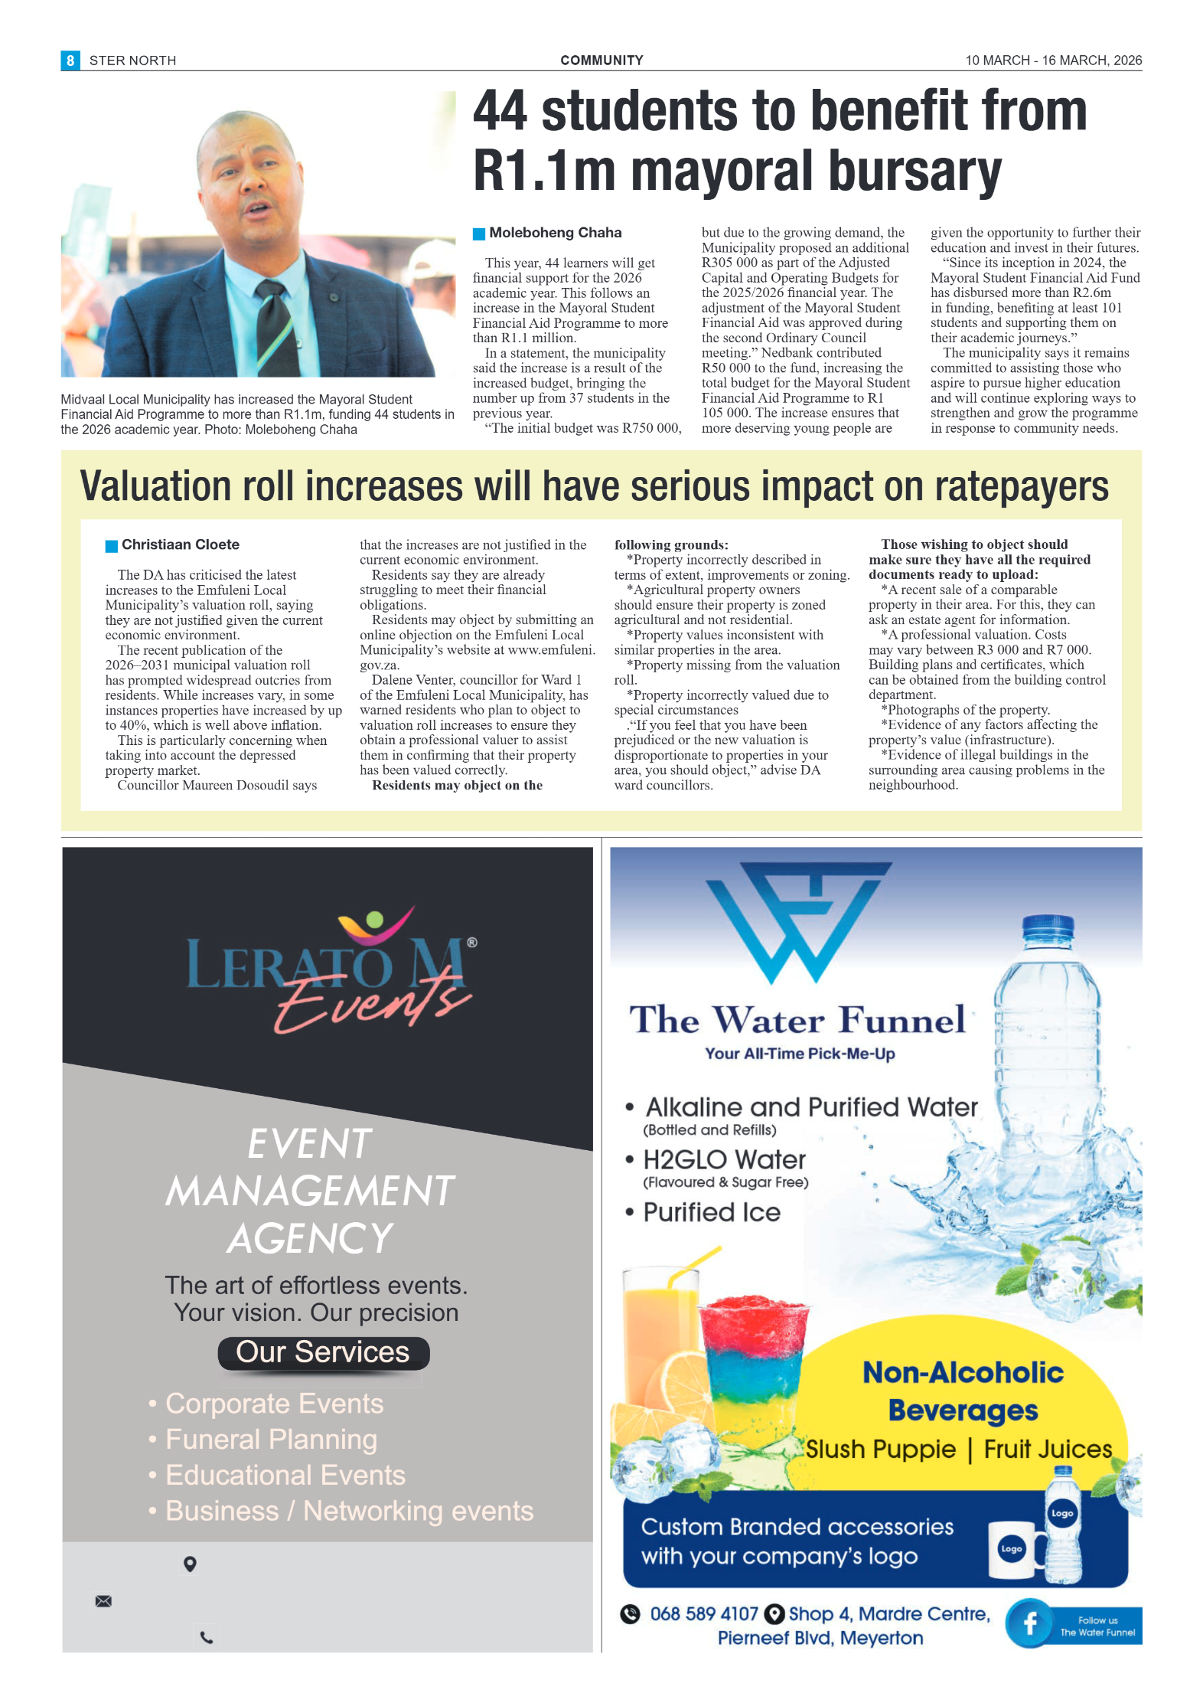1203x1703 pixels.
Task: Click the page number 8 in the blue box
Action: [x=70, y=60]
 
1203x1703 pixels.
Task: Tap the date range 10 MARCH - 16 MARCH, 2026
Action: [x=1053, y=60]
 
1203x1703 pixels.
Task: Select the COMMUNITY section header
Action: [x=601, y=60]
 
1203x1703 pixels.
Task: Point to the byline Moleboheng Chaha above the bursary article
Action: [x=555, y=233]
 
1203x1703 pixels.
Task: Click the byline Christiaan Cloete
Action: [x=180, y=544]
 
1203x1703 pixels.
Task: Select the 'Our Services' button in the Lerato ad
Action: [x=323, y=1352]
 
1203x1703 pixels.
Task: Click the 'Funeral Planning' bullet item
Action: [x=271, y=1440]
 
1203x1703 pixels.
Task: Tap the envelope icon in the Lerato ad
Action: [x=103, y=1601]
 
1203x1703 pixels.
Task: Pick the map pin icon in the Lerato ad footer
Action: [x=191, y=1564]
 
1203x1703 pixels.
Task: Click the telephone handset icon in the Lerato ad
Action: [x=207, y=1638]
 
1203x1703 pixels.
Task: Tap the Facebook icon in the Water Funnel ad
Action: [x=1030, y=1623]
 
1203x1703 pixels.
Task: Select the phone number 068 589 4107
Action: [x=703, y=1614]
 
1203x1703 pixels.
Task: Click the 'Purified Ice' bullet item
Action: [x=711, y=1212]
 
